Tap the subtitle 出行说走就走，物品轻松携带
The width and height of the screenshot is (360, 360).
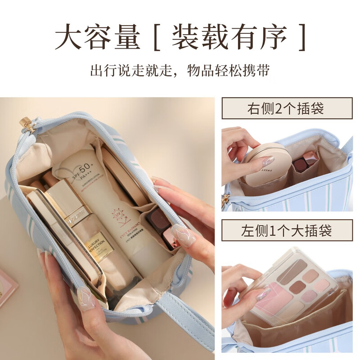(x=180, y=72)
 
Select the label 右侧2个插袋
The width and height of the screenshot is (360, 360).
(x=287, y=108)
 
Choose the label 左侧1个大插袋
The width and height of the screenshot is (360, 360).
(x=287, y=231)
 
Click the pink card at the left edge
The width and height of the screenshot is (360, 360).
(x=7, y=288)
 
